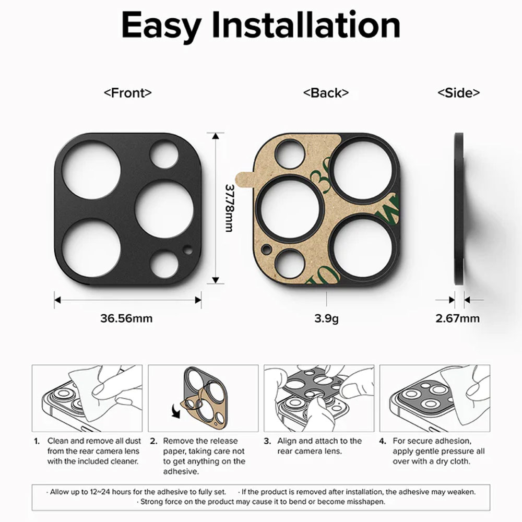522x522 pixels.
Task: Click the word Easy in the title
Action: (161, 26)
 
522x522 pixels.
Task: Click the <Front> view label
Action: (128, 92)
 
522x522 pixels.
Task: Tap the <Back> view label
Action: (326, 92)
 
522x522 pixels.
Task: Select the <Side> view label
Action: (458, 92)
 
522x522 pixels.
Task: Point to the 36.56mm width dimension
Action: (126, 318)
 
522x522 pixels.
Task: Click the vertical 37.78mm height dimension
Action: (229, 208)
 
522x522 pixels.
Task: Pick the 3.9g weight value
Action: (327, 318)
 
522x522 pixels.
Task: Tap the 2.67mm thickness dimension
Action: (458, 318)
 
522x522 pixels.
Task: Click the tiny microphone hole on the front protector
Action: (188, 250)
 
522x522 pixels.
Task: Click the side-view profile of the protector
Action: (459, 209)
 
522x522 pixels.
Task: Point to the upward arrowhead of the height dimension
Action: (216, 136)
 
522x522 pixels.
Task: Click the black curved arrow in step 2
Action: (175, 410)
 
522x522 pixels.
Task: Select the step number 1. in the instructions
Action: (37, 441)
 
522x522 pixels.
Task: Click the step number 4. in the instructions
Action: (383, 441)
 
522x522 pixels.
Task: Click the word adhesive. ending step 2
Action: (181, 471)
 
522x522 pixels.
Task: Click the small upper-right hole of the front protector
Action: (164, 154)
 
